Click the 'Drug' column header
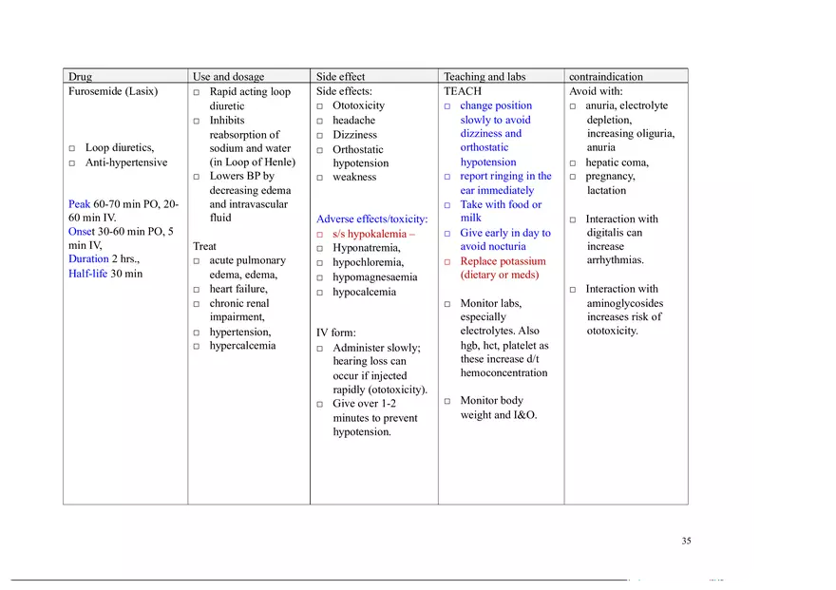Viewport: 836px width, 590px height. [x=81, y=77]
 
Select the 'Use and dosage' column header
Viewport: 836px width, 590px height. [x=228, y=77]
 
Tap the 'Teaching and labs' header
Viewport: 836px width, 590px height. [x=484, y=77]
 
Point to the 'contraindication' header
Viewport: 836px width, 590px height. [x=605, y=77]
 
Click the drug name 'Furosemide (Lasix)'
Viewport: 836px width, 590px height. [x=113, y=92]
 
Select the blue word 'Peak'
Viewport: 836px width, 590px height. [x=79, y=204]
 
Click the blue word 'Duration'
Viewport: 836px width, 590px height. [x=88, y=259]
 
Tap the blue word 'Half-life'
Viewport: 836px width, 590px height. [x=87, y=274]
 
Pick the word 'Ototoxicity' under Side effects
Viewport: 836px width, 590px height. [x=358, y=105]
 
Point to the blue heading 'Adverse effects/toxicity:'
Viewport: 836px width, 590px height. [x=371, y=219]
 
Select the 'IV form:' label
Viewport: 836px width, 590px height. [x=335, y=333]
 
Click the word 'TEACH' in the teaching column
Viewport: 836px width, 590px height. [x=463, y=92]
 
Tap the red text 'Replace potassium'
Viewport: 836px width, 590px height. [x=503, y=261]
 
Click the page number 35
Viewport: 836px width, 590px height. [x=686, y=542]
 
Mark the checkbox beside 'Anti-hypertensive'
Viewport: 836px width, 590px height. [x=72, y=163]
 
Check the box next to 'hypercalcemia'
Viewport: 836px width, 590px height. [x=197, y=347]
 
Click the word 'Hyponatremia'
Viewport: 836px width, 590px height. [x=366, y=248]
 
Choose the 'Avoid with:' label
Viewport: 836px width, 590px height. [x=596, y=92]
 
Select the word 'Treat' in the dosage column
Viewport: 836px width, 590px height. [x=204, y=246]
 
